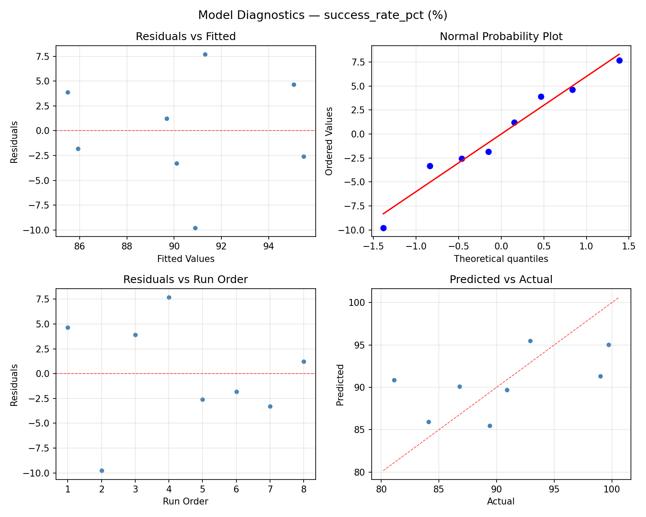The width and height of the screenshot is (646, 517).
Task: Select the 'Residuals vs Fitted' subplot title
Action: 186,37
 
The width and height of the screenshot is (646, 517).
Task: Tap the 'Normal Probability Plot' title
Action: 501,37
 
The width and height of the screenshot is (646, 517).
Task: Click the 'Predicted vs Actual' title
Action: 501,280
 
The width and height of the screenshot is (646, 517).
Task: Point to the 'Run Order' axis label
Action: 186,501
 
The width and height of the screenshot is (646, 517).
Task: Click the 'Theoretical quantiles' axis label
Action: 501,259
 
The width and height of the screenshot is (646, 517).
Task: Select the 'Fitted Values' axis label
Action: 186,259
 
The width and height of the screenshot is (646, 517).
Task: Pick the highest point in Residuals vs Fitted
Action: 205,54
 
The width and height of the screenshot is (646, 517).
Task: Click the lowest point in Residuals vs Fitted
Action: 195,228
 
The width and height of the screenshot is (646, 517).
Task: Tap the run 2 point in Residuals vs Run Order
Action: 102,470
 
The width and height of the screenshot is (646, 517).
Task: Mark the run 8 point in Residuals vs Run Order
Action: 304,361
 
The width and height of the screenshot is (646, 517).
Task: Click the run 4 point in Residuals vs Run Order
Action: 169,297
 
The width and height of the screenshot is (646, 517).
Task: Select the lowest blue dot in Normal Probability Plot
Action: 383,228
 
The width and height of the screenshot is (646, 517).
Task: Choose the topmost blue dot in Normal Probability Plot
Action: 619,60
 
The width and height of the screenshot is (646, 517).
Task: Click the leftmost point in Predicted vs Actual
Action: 394,380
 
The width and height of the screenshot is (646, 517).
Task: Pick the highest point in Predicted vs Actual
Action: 530,341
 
